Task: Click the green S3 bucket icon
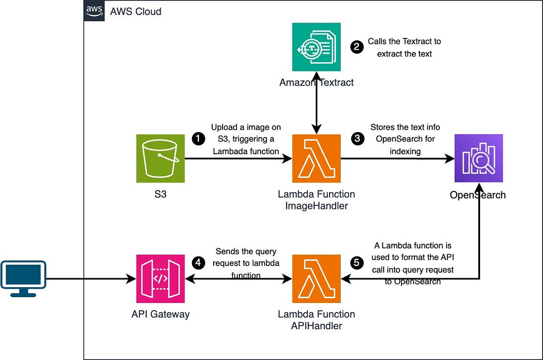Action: coord(161,158)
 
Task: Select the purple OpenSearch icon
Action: coord(479,158)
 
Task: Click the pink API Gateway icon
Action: coord(161,279)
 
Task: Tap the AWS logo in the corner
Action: coord(94,11)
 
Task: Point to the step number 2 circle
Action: coord(357,47)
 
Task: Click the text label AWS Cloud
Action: coord(135,11)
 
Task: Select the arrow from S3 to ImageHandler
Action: coord(235,159)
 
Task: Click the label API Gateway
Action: coord(161,314)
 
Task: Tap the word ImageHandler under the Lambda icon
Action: coord(316,206)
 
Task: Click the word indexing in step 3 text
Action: coord(405,152)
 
